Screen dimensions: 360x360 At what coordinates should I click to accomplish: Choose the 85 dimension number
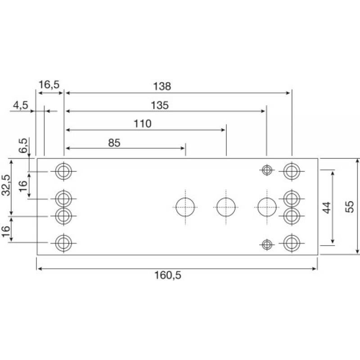tap(114, 143)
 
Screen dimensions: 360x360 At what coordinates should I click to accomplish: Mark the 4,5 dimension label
tap(20, 105)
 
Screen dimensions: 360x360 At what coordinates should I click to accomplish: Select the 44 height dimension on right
tap(327, 207)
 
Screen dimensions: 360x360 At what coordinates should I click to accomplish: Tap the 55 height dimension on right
tap(349, 207)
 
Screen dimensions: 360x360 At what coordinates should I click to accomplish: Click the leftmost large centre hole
tap(185, 207)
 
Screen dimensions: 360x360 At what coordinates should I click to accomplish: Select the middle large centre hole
tap(226, 207)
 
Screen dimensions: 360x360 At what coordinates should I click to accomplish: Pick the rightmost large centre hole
tap(267, 207)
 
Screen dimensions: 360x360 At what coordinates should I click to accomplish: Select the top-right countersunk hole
tap(292, 171)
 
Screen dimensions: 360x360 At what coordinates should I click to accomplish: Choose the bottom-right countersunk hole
tap(292, 243)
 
